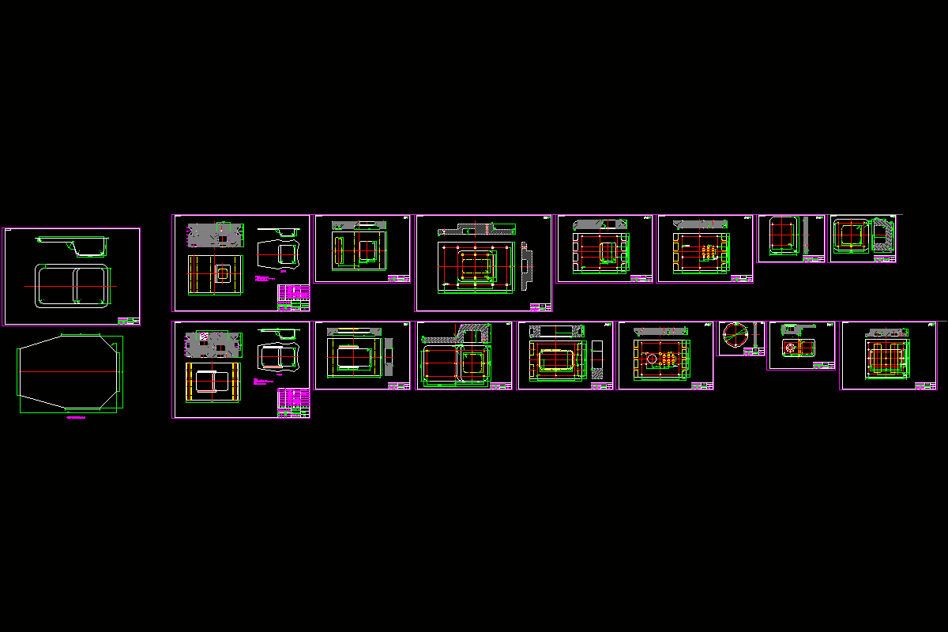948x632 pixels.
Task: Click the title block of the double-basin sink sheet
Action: pyautogui.click(x=128, y=321)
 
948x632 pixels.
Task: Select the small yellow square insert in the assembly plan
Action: pyautogui.click(x=223, y=273)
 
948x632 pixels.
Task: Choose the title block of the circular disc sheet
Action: pyautogui.click(x=753, y=352)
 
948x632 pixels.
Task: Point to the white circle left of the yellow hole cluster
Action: pyautogui.click(x=652, y=359)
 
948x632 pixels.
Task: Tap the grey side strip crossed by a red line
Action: pyautogui.click(x=388, y=356)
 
